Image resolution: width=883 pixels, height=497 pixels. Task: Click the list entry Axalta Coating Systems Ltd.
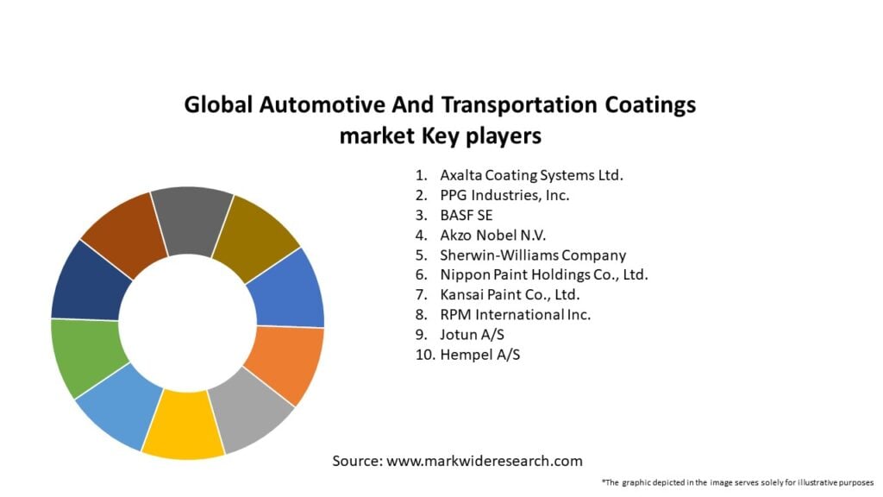(x=531, y=175)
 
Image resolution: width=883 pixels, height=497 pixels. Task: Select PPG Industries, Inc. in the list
(x=504, y=195)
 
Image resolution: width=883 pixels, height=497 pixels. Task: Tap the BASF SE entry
(x=467, y=215)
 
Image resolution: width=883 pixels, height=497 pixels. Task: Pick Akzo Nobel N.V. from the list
(x=493, y=235)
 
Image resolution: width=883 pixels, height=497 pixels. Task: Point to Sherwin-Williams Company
(x=533, y=255)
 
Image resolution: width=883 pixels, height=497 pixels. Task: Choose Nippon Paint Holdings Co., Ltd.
(x=543, y=275)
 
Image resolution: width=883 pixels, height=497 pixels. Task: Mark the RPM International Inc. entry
(x=515, y=315)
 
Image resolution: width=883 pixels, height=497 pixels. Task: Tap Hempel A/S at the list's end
(x=479, y=355)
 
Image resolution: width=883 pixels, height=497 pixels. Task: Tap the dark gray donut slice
(x=191, y=219)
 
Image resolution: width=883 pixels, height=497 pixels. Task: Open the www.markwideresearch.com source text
(x=484, y=461)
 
